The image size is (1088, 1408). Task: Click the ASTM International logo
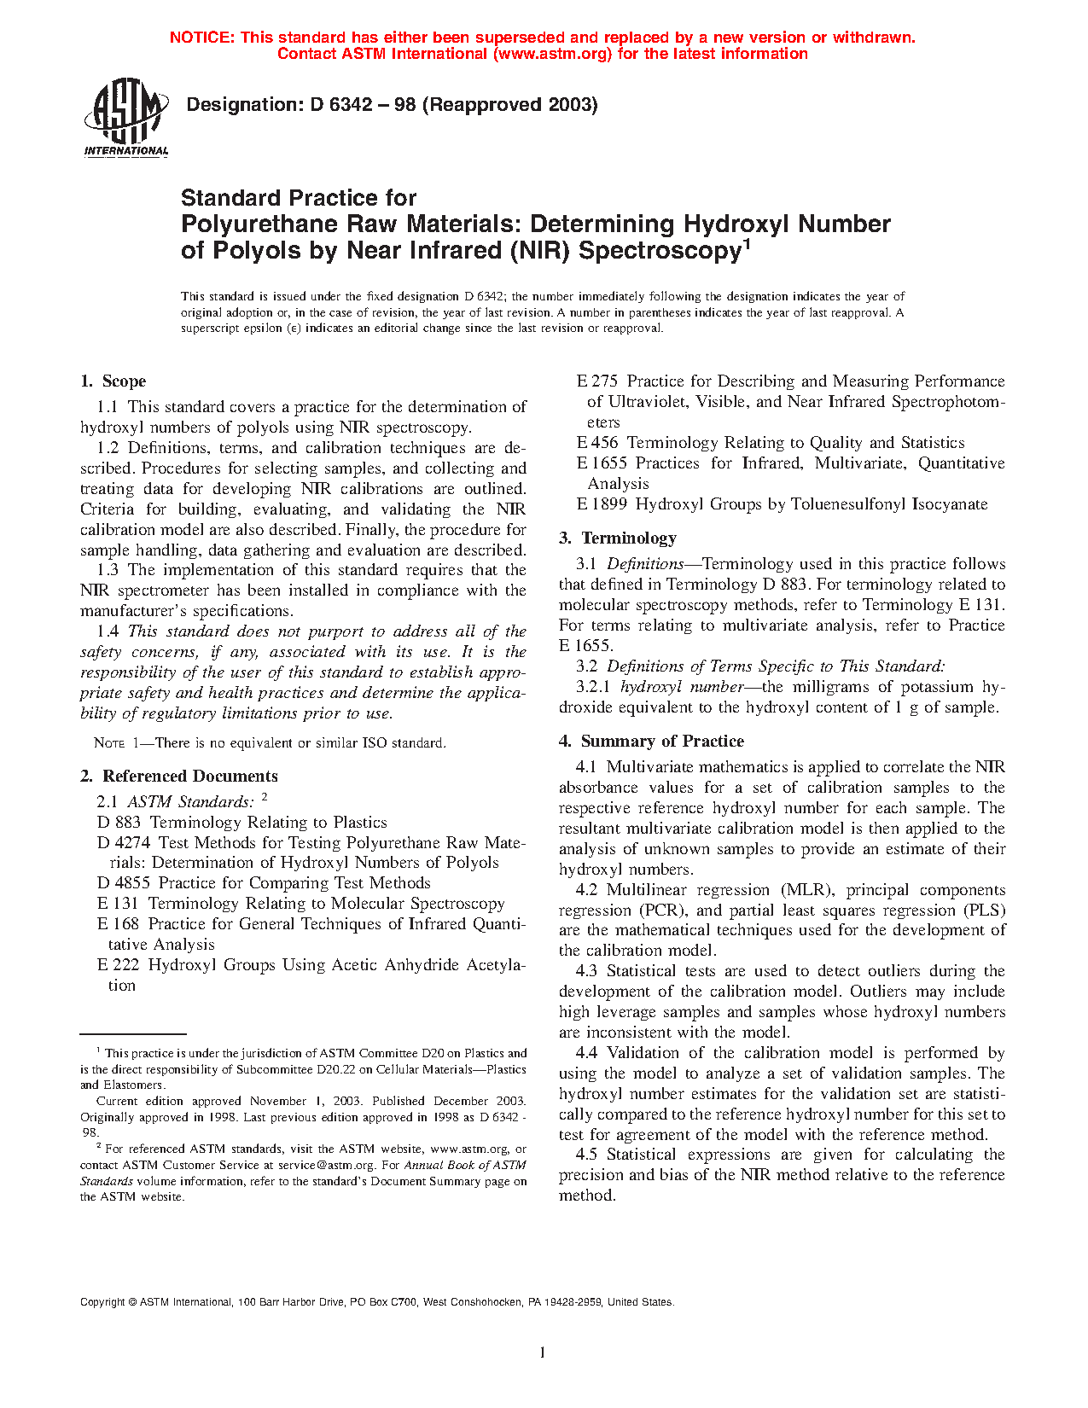[126, 118]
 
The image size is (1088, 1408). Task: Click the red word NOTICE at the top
[202, 38]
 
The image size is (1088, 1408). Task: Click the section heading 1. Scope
[113, 381]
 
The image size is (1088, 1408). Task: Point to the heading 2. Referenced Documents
[179, 777]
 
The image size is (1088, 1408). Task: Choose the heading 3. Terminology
[618, 538]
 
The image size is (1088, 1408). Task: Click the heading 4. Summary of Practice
[651, 742]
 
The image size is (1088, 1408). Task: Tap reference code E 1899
[602, 504]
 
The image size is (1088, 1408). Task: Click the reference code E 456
[597, 443]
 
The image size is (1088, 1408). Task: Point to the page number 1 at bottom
[543, 1353]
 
